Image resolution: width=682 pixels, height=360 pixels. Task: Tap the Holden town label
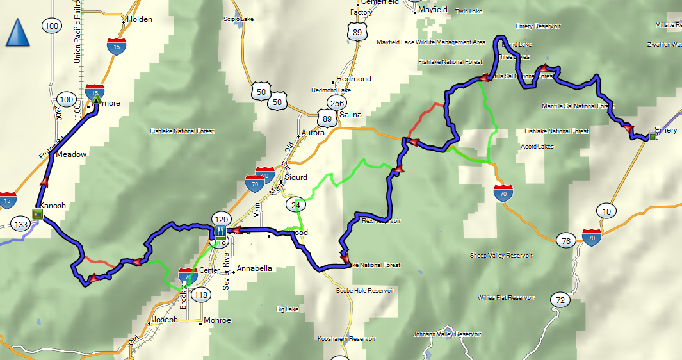point(139,19)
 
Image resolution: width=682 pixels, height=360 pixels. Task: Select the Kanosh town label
point(53,206)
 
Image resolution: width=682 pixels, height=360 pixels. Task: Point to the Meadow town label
point(71,154)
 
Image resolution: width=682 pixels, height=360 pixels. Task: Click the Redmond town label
point(353,79)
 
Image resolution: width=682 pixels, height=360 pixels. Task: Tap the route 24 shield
point(295,204)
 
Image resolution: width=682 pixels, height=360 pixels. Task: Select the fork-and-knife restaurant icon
point(220,231)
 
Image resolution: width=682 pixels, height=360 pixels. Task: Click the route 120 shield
point(221,218)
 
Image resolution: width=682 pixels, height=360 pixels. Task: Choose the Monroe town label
point(216,320)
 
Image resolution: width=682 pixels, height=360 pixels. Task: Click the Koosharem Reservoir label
point(346,338)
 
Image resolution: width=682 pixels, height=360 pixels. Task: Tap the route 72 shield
point(560,300)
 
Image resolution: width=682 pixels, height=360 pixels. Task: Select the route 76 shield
point(564,241)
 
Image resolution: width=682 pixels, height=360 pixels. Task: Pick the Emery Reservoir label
point(538,26)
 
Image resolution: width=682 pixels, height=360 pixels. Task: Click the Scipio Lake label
point(239,19)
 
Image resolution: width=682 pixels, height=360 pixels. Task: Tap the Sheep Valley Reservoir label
point(500,255)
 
